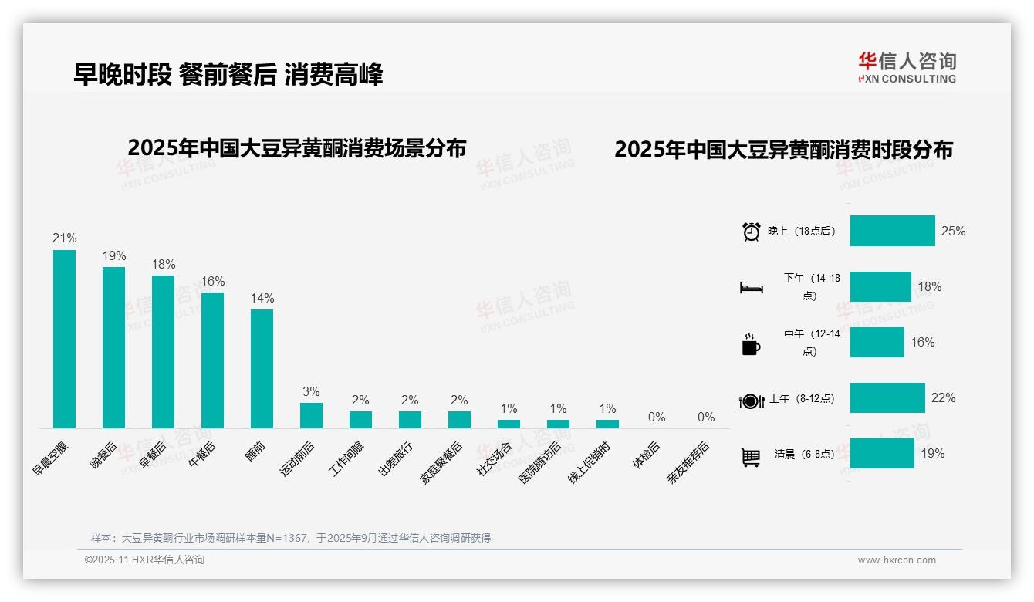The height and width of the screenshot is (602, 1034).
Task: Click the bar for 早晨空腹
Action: (64, 339)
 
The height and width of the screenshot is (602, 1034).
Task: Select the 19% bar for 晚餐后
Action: (113, 347)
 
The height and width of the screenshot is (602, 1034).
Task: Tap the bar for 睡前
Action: (262, 369)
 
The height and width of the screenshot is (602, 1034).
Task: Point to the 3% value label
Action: (311, 392)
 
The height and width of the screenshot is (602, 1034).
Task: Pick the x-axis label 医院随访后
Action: (540, 462)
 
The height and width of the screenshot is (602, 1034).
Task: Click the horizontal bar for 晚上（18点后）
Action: (892, 231)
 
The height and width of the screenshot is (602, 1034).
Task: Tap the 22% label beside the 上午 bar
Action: (943, 398)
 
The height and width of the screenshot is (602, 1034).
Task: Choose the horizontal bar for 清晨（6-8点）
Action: (882, 454)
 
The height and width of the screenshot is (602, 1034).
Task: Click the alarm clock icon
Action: (751, 232)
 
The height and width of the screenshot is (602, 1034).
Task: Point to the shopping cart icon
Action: (751, 457)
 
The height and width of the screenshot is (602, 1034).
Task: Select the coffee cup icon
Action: (751, 344)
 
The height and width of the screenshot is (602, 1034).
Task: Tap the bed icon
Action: (751, 288)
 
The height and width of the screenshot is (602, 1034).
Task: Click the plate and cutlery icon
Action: (751, 401)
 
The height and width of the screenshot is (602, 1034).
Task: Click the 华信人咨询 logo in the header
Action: (907, 68)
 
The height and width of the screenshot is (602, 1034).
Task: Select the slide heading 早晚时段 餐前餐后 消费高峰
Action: (228, 74)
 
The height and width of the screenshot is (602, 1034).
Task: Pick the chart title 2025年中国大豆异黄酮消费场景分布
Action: (297, 148)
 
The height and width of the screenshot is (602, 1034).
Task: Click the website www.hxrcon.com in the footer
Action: (897, 560)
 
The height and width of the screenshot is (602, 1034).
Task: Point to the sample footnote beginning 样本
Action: (290, 538)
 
